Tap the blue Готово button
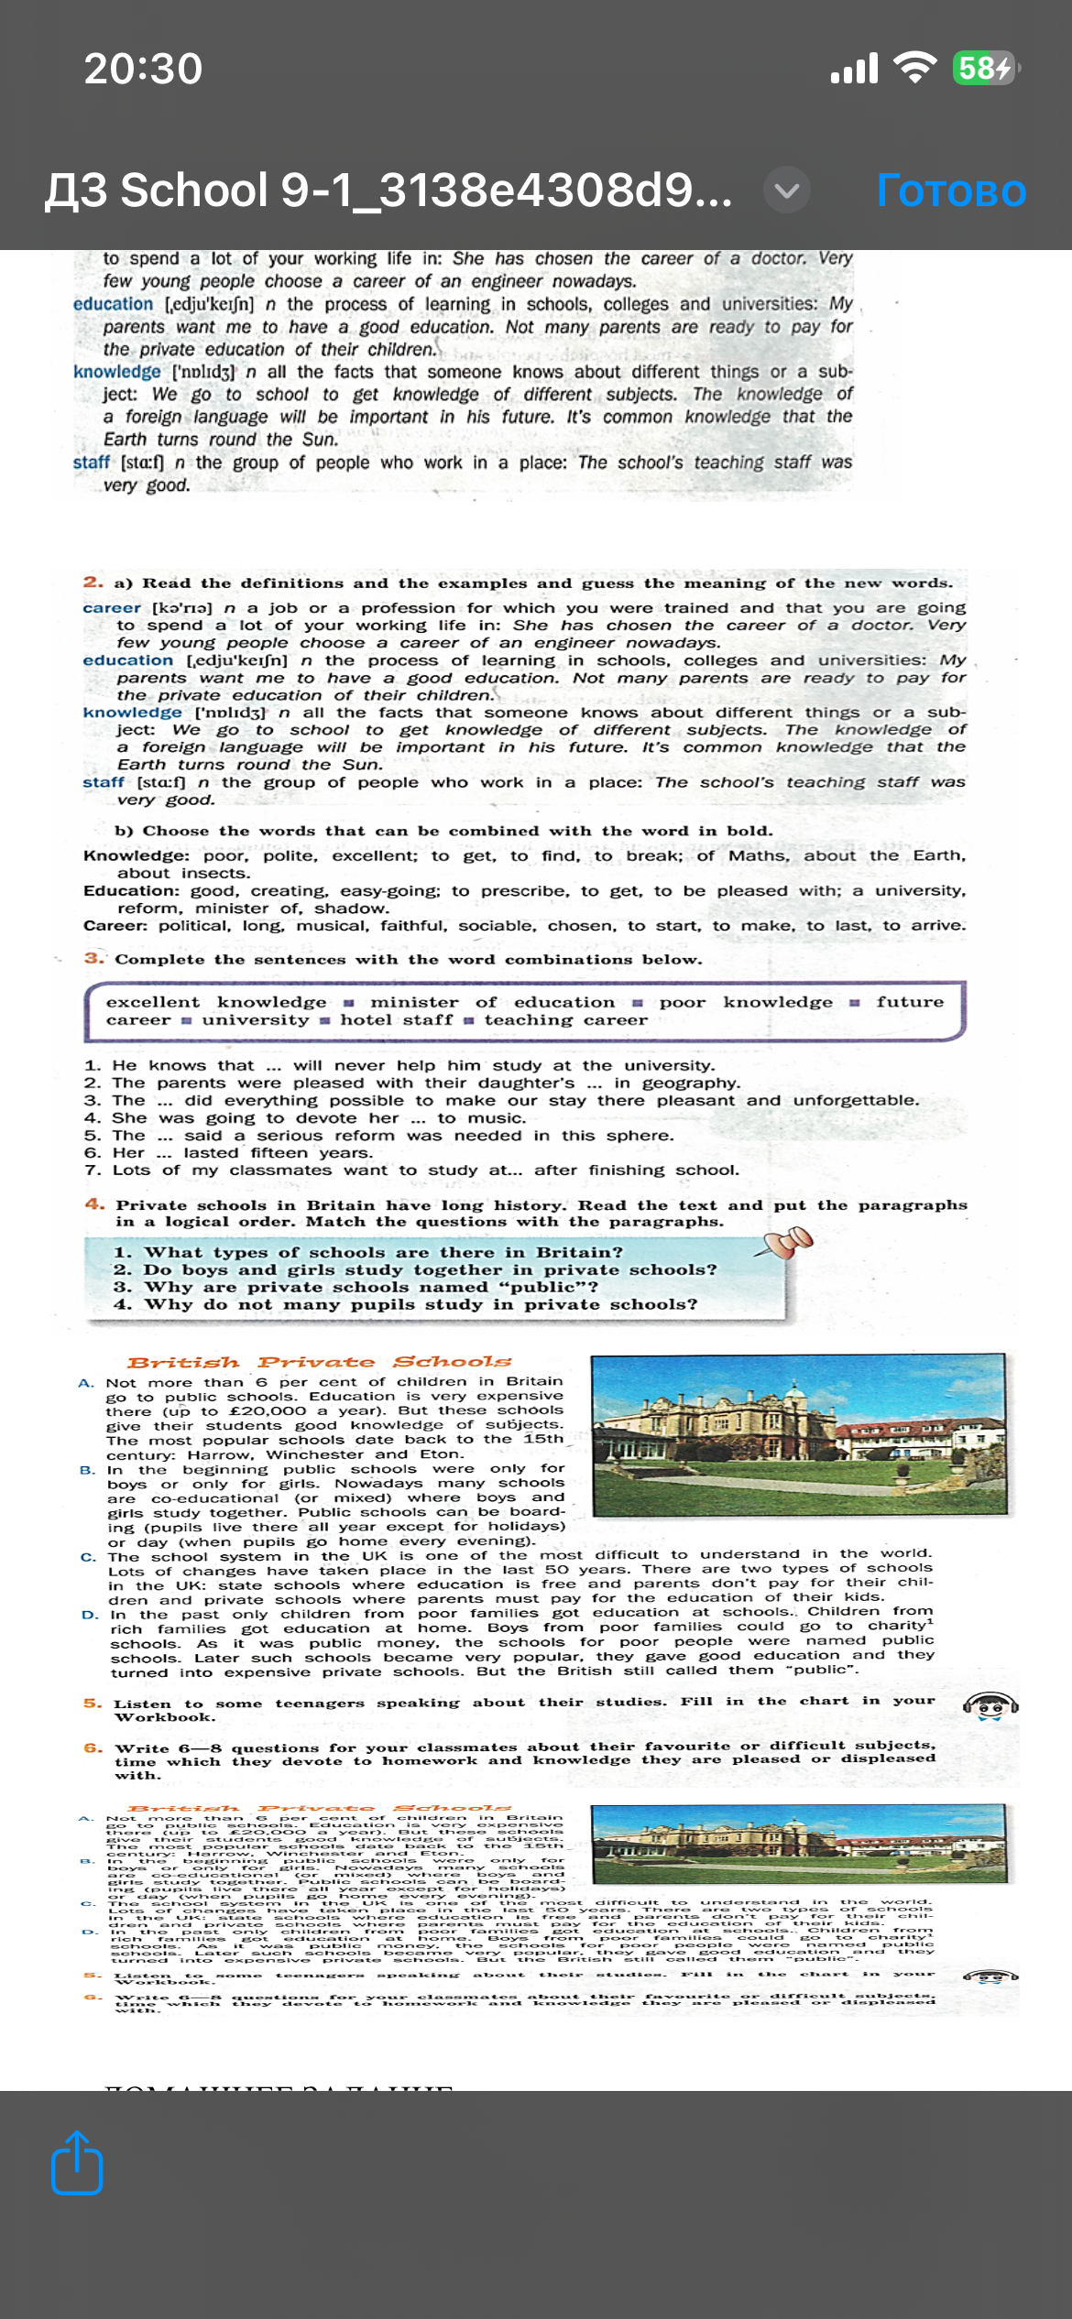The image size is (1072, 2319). tap(951, 191)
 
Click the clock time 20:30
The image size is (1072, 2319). tap(143, 69)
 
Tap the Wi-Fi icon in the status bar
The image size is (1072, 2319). tap(913, 68)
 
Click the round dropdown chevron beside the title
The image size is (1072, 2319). tap(787, 191)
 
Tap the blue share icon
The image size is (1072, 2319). tap(77, 2162)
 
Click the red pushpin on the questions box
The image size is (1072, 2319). tap(788, 1243)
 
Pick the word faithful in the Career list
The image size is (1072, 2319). tap(413, 925)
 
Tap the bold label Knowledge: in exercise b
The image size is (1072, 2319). tap(136, 855)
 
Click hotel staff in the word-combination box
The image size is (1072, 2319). tap(397, 1019)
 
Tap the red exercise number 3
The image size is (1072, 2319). tap(93, 958)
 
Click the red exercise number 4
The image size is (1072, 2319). tap(94, 1204)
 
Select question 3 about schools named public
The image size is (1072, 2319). tap(356, 1287)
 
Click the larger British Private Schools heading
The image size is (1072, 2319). tap(319, 1362)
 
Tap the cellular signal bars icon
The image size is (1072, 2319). tap(854, 68)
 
